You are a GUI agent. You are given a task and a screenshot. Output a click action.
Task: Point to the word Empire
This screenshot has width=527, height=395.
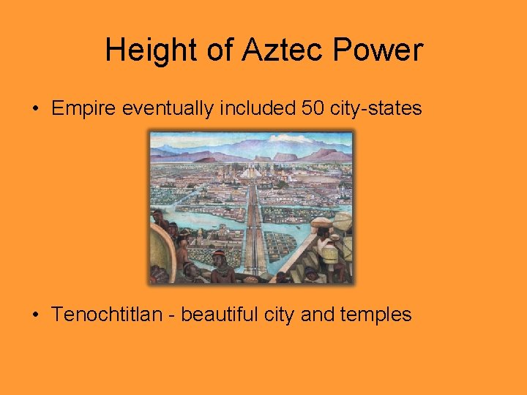pyautogui.click(x=86, y=109)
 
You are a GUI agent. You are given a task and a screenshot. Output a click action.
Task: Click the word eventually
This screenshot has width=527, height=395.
pyautogui.click(x=174, y=109)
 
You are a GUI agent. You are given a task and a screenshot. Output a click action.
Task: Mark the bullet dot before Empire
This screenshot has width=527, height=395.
pyautogui.click(x=35, y=110)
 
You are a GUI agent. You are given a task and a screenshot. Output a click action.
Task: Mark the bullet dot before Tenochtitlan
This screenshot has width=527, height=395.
pyautogui.click(x=35, y=315)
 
